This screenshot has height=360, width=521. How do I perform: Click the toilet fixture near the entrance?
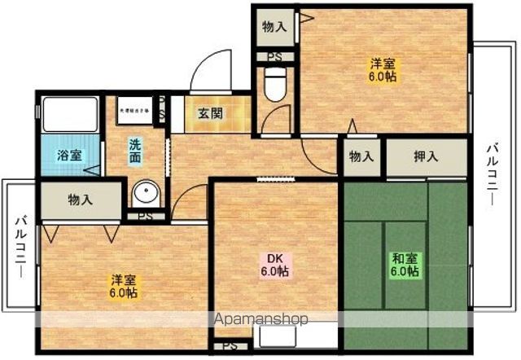click(274, 84)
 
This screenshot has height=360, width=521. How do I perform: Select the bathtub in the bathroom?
click(70, 115)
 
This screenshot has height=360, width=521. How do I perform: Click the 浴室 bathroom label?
click(68, 155)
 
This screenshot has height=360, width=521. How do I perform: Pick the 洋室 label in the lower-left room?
click(124, 287)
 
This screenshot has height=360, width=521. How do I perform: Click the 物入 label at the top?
click(274, 27)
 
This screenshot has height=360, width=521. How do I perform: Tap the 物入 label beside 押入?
click(361, 156)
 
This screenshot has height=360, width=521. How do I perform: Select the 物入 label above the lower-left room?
click(80, 199)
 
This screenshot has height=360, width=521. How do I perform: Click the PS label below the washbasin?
click(145, 217)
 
